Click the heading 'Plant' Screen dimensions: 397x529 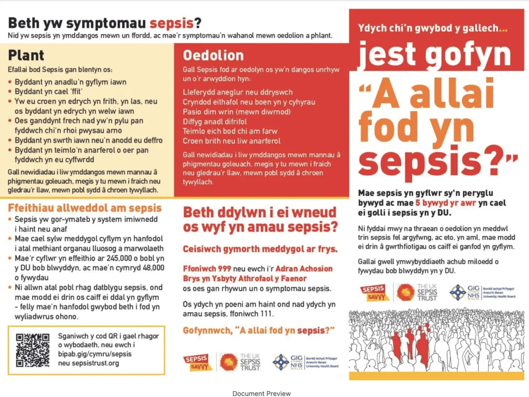coord(26,55)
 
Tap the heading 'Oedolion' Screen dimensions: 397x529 coord(213,55)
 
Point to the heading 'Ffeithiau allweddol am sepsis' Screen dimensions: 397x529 coord(85,208)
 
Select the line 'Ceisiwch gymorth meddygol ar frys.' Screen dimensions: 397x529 coord(260,249)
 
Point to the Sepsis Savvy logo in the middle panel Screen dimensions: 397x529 coord(198,362)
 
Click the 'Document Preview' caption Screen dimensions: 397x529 coord(261,393)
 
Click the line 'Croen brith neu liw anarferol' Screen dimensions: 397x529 coord(231,141)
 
